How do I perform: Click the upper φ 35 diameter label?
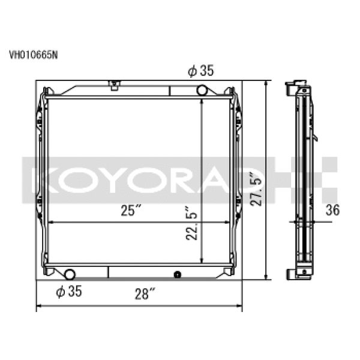tap(200, 71)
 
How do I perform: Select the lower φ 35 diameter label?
tap(68, 292)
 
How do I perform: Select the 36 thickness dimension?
tap(332, 210)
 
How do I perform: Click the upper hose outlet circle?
tap(202, 91)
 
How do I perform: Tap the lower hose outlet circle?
tap(70, 275)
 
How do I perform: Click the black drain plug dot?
tap(176, 275)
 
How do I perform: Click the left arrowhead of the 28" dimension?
tap(40, 308)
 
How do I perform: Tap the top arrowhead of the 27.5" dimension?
tap(266, 83)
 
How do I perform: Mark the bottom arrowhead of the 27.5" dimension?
tap(266, 277)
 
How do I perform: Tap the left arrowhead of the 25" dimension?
tap(50, 222)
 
